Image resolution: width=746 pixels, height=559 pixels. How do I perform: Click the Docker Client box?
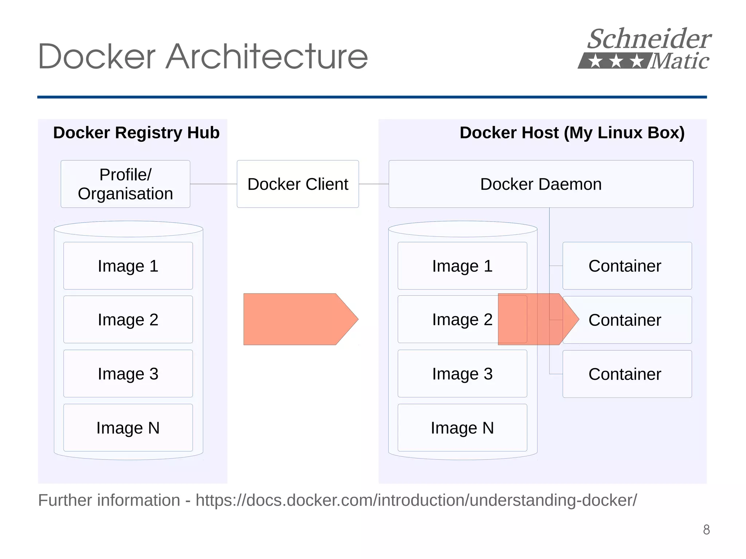(298, 184)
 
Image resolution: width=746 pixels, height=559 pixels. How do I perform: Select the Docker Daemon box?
(541, 184)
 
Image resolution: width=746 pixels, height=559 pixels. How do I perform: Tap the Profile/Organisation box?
(125, 184)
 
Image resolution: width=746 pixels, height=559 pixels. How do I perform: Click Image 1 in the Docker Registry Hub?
(128, 266)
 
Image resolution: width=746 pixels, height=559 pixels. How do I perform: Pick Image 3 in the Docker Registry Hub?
(128, 374)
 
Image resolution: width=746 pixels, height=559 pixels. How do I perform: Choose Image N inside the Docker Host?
(462, 428)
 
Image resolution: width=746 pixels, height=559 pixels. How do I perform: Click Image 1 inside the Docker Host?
(462, 266)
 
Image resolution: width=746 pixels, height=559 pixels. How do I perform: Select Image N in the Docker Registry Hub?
(128, 428)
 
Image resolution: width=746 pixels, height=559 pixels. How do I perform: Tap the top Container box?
(627, 266)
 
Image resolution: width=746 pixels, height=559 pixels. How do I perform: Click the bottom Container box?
(627, 374)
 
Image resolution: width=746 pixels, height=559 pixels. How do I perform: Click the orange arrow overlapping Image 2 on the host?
(535, 319)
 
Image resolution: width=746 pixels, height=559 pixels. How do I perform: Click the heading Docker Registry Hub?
(136, 133)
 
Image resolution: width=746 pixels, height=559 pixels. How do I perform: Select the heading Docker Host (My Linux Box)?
(572, 133)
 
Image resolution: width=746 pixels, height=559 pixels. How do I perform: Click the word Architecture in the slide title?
(267, 57)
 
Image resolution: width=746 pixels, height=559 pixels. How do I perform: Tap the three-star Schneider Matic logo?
(645, 49)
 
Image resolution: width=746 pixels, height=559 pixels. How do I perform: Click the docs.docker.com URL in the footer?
(416, 500)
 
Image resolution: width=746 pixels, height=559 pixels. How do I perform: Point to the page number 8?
(706, 530)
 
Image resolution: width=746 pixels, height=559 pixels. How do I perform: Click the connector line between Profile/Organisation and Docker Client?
(213, 184)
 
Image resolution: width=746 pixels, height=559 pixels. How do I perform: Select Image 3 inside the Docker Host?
(462, 374)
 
